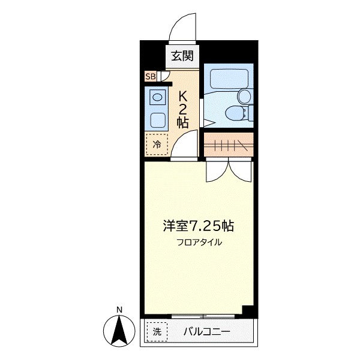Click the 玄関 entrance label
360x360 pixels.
(182, 57)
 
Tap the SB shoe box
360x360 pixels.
(149, 76)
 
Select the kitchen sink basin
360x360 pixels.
(158, 97)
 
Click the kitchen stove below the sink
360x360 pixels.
(158, 119)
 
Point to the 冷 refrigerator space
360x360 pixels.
(157, 144)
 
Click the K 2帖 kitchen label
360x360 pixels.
(183, 109)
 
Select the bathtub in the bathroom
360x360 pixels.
(226, 79)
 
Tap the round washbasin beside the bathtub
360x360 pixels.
(245, 96)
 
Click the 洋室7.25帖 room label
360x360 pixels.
(198, 226)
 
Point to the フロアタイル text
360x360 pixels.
(199, 242)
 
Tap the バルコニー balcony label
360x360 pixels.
(206, 331)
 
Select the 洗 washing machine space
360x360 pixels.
(157, 331)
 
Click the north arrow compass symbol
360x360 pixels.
(120, 329)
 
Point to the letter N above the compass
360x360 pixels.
(120, 310)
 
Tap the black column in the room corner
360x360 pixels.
(247, 310)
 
